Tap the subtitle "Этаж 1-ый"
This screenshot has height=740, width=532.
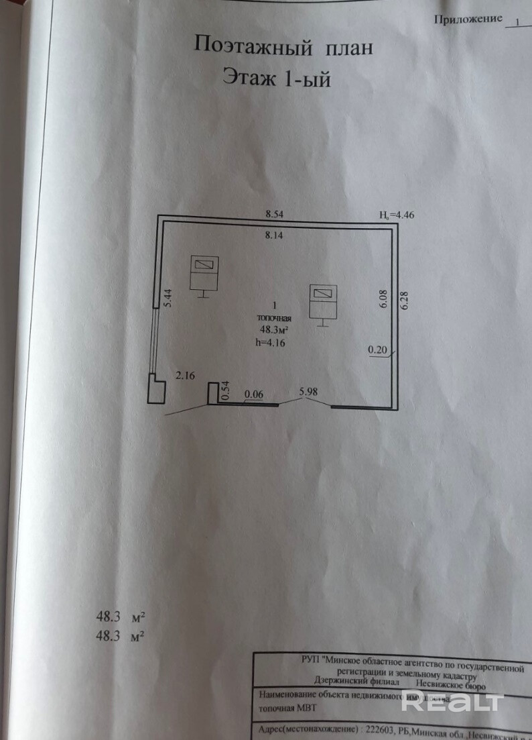276,79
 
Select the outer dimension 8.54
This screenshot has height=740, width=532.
275,214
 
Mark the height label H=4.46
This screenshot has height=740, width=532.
397,215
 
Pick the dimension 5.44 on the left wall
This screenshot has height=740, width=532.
168,297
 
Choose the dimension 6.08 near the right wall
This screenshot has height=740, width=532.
383,298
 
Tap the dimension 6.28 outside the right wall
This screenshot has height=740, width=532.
403,299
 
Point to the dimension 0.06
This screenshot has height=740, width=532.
253,395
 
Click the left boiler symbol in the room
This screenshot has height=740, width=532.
204,274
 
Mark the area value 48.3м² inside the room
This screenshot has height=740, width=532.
274,329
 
